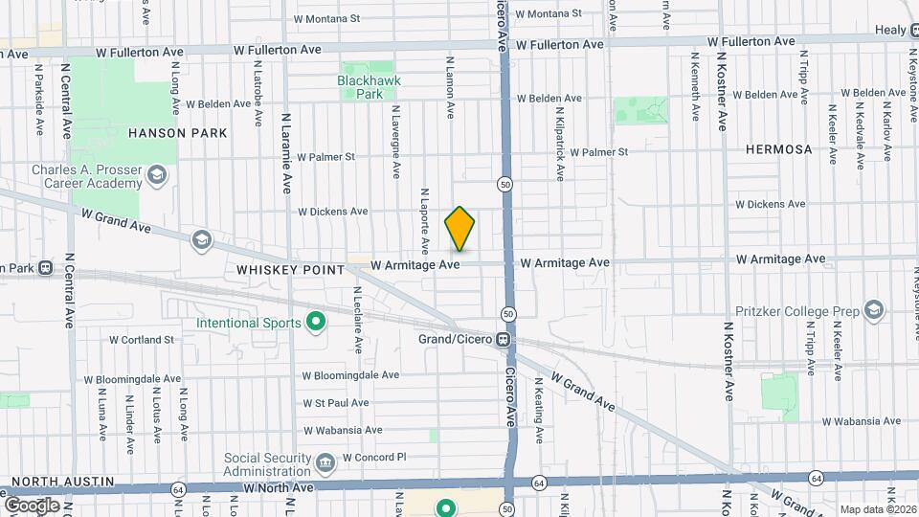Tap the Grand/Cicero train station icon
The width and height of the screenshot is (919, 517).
(x=502, y=340)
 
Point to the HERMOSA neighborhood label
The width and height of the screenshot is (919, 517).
(x=780, y=149)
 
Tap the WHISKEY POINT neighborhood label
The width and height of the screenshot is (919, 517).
(x=290, y=270)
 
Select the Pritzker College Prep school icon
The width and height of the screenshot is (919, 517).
(x=874, y=310)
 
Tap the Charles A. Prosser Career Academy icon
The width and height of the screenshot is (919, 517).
(x=158, y=175)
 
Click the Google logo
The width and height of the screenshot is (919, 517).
(x=32, y=505)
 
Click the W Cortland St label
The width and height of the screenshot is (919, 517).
(x=142, y=339)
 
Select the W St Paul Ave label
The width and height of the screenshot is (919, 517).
(x=335, y=403)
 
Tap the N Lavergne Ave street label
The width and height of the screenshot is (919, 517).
(x=395, y=141)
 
